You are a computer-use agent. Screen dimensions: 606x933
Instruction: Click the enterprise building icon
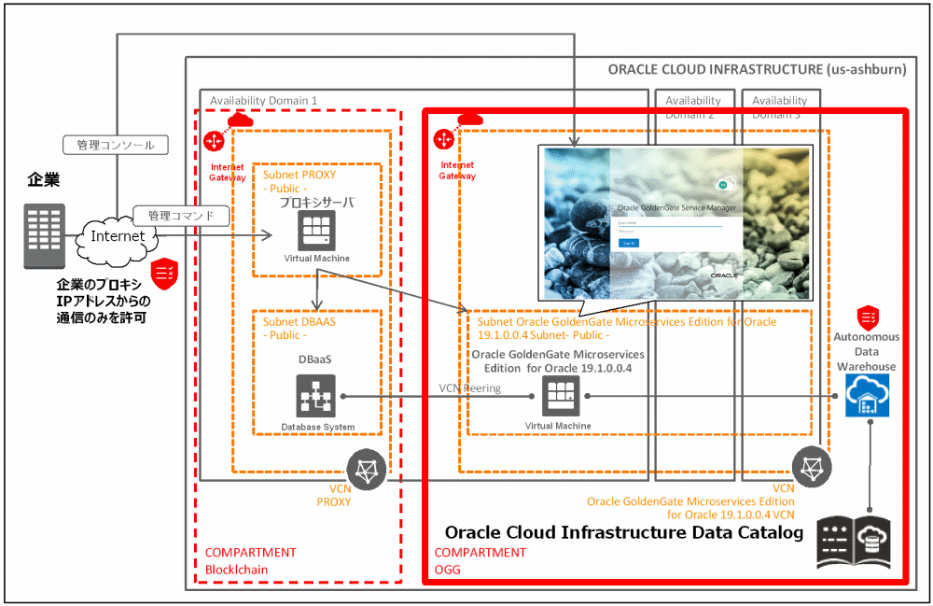(x=45, y=236)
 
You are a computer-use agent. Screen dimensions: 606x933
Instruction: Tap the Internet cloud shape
(x=118, y=236)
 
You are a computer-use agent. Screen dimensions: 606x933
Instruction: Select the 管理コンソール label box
(x=116, y=145)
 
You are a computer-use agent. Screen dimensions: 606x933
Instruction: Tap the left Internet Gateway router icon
(x=214, y=140)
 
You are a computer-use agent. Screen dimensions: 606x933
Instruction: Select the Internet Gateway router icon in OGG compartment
(x=444, y=139)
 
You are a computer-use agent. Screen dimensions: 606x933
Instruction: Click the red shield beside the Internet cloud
(x=166, y=270)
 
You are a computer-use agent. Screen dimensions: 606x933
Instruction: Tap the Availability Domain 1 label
(x=264, y=100)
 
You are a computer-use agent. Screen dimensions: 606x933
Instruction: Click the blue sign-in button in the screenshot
(x=629, y=243)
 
